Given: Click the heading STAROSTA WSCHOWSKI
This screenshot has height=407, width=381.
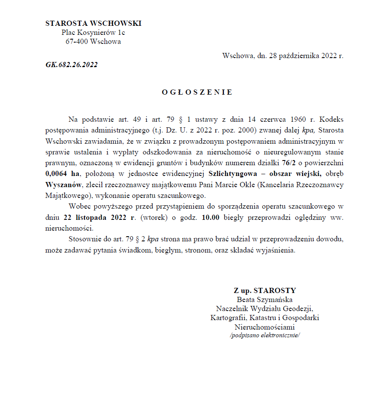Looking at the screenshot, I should coord(93,23).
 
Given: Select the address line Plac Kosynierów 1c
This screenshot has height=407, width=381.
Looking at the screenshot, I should coord(93,32).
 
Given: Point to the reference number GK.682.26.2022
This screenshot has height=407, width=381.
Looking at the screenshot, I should coord(71,65).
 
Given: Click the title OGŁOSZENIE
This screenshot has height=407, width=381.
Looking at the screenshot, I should coord(197,92).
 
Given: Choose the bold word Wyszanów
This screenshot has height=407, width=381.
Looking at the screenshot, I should coord(64,185).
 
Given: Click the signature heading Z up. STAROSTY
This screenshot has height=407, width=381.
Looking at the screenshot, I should coord(265,290).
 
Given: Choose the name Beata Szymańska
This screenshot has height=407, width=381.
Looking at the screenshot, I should coord(265,299).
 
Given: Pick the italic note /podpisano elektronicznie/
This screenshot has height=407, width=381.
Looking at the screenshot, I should coord(265,335).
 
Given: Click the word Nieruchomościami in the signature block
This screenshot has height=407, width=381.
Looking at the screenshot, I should coord(265,327).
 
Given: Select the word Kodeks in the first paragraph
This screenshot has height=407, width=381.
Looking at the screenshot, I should coord(332,119).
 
